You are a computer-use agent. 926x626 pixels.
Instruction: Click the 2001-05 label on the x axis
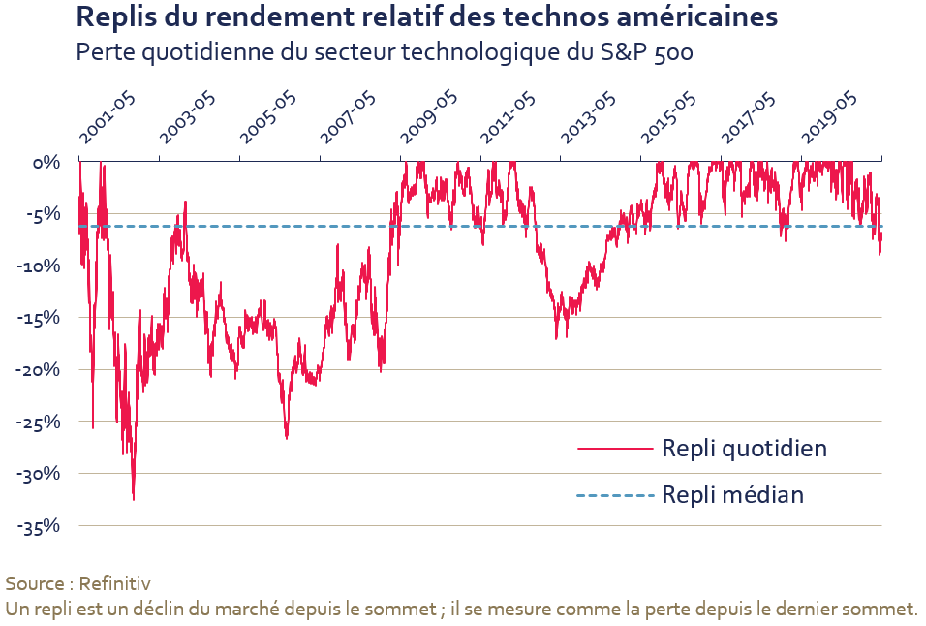(109, 122)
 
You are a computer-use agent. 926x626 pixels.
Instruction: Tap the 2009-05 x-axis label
(429, 122)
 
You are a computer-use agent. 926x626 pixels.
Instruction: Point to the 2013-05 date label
(590, 122)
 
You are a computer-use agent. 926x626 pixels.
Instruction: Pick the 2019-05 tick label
(830, 122)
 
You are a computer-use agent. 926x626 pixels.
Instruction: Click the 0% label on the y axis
(46, 162)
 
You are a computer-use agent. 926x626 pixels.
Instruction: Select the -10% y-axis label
(40, 266)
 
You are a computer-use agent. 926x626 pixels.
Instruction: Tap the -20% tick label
(40, 369)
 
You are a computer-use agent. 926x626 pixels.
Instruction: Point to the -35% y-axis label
(40, 526)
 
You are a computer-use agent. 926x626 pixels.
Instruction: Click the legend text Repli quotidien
(744, 448)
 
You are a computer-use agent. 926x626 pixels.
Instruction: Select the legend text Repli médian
(732, 495)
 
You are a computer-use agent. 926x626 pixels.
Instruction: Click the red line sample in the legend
(614, 449)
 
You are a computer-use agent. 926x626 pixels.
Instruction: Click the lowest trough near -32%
(134, 499)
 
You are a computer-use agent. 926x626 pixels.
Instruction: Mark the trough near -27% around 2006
(287, 438)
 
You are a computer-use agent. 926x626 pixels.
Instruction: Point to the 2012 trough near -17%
(556, 338)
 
